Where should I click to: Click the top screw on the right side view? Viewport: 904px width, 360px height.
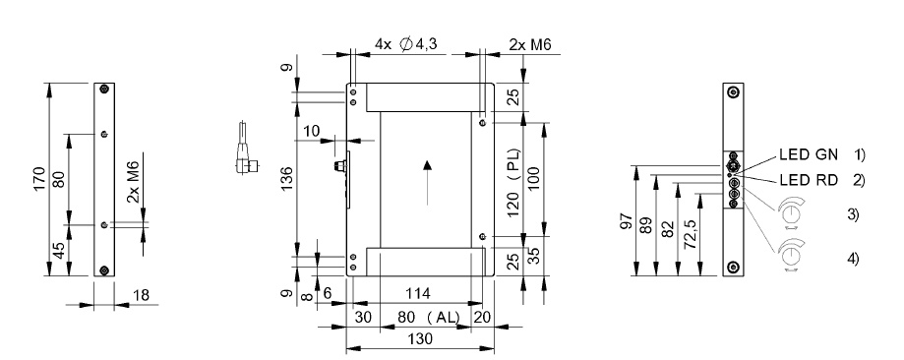click(x=732, y=93)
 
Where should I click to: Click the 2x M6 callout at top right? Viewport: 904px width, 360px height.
click(x=528, y=44)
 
